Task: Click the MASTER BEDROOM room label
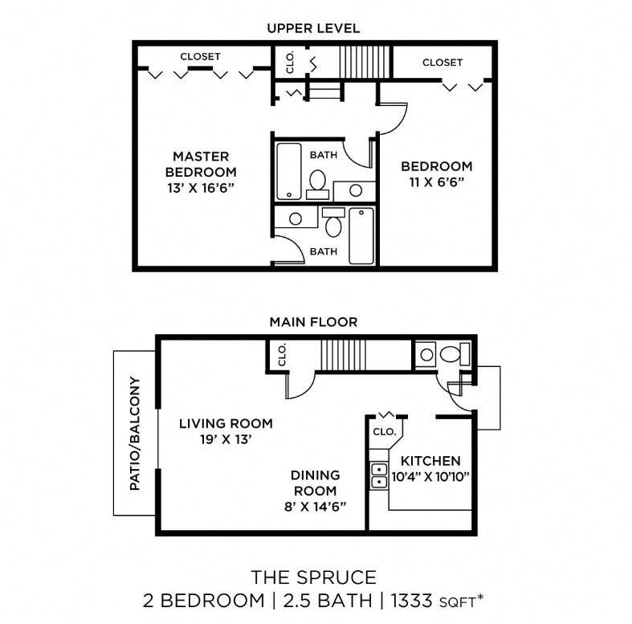point(201,164)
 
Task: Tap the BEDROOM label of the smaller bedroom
point(437,166)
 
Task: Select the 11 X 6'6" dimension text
point(437,183)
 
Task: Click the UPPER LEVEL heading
point(313,28)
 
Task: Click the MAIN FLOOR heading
point(313,322)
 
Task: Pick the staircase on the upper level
point(364,61)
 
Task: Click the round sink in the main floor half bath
point(426,354)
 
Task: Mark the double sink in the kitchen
point(377,475)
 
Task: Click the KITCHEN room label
point(430,461)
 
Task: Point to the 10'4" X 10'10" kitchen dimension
point(430,476)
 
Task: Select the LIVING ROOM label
point(226,423)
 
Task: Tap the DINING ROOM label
point(314,483)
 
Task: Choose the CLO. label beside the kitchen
point(385,431)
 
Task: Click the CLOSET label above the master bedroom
point(200,57)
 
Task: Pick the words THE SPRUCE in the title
point(313,577)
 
